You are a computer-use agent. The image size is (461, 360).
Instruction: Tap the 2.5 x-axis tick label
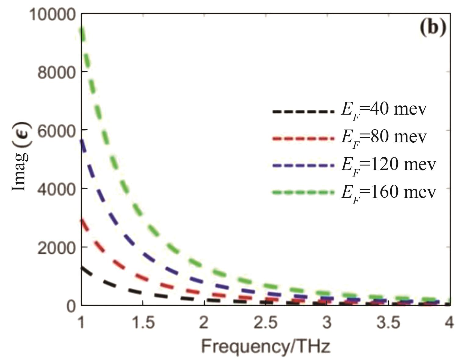click(266, 323)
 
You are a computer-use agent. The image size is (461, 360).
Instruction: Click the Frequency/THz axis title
click(265, 347)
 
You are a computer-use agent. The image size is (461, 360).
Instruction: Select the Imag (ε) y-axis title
click(20, 156)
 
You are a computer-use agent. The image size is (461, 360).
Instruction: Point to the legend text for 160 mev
click(388, 193)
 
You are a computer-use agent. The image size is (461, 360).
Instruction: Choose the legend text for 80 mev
click(384, 138)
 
